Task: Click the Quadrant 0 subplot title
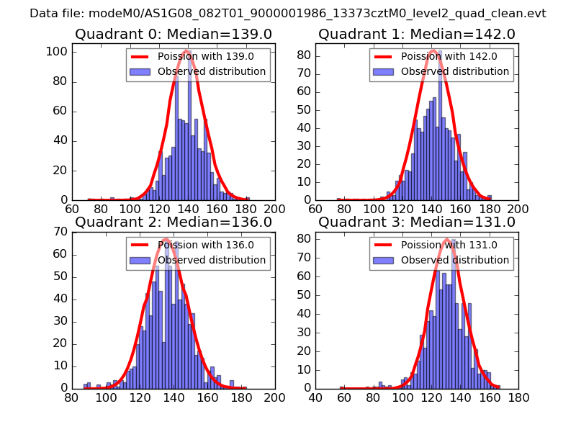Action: tap(173, 34)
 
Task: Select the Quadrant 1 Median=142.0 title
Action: tap(417, 34)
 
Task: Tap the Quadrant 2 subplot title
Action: tap(173, 222)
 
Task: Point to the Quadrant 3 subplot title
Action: tap(417, 222)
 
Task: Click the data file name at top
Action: tap(288, 13)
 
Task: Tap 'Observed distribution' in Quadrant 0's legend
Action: tap(212, 71)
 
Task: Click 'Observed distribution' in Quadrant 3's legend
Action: tap(455, 259)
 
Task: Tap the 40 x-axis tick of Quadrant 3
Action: tap(315, 397)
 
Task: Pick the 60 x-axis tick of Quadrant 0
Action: tap(72, 209)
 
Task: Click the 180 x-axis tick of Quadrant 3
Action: tap(518, 397)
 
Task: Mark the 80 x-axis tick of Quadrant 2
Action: tap(72, 397)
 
